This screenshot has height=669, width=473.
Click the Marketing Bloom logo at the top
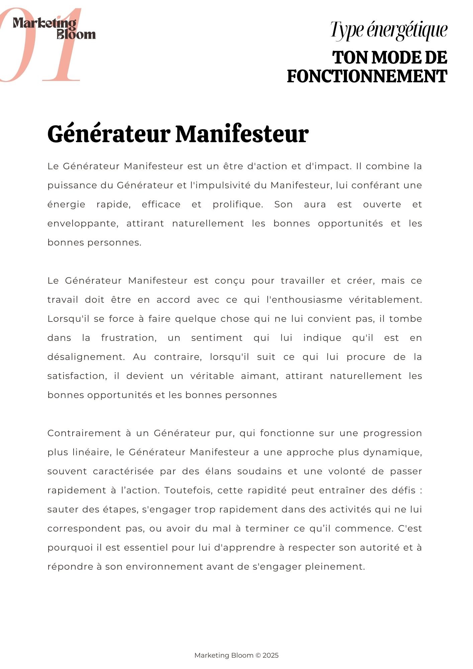point(54,28)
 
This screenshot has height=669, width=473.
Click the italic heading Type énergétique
point(389,30)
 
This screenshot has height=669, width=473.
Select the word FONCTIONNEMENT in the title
point(367,76)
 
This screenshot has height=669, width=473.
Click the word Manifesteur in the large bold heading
point(242,134)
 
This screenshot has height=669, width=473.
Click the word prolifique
point(238,204)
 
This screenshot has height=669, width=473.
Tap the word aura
point(315,204)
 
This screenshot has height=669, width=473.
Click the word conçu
point(230,281)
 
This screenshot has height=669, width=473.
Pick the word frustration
point(129,338)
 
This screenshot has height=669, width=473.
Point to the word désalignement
point(86,357)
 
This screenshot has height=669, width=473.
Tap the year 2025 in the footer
point(271,655)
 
